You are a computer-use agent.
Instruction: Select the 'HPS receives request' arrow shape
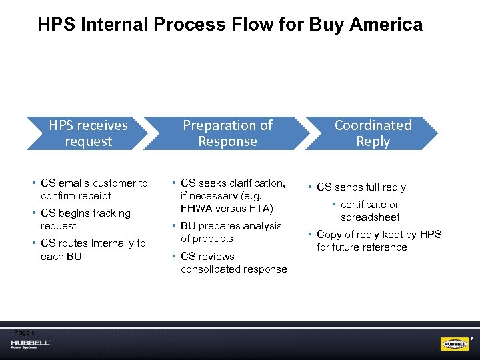pyautogui.click(x=88, y=133)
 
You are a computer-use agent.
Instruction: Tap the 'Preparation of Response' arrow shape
pyautogui.click(x=228, y=133)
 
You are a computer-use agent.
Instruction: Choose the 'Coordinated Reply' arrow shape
pyautogui.click(x=373, y=133)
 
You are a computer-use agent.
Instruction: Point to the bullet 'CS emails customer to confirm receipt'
pyautogui.click(x=94, y=189)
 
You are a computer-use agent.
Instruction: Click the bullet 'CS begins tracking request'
pyautogui.click(x=85, y=219)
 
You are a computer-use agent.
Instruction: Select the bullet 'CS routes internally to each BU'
pyautogui.click(x=93, y=249)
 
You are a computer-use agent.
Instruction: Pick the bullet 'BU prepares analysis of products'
pyautogui.click(x=231, y=232)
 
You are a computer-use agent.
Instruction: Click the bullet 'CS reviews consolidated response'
pyautogui.click(x=233, y=263)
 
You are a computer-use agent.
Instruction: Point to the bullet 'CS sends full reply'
pyautogui.click(x=361, y=187)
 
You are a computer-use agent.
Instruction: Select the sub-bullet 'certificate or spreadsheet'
pyautogui.click(x=370, y=211)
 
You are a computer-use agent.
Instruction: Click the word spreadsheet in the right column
pyautogui.click(x=370, y=217)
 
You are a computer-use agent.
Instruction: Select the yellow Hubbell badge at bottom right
pyautogui.click(x=455, y=344)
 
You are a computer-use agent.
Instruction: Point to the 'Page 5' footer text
pyautogui.click(x=23, y=332)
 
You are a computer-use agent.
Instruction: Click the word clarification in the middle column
pyautogui.click(x=253, y=183)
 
